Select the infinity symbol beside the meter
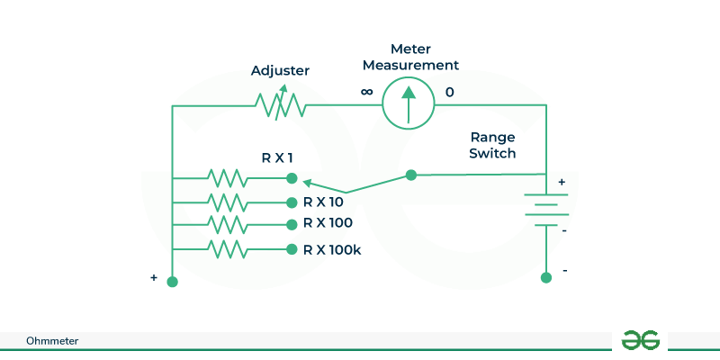pos(366,92)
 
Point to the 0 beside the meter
pos(450,92)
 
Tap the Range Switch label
pos(492,145)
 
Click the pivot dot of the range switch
pos(411,175)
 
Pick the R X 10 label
pos(325,202)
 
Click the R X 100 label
pos(328,223)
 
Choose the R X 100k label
pos(332,249)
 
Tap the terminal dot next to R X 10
pos(291,202)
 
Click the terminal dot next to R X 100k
pos(291,249)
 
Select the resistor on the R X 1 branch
pos(226,176)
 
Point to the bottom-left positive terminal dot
pos(173,282)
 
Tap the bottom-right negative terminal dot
pos(545,278)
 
